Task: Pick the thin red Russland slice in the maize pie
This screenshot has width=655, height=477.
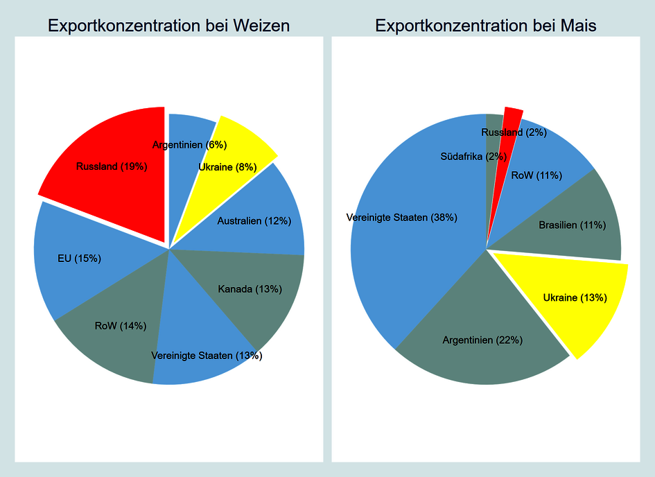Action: [511, 118]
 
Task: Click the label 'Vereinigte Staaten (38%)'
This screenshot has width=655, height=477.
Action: [401, 218]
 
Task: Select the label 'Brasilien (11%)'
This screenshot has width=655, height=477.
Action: [573, 225]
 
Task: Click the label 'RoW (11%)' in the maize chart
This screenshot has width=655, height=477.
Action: [536, 175]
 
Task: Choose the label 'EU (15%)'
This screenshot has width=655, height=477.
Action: [79, 259]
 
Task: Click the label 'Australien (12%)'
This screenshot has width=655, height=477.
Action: [254, 221]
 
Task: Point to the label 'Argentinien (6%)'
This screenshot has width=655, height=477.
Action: [189, 145]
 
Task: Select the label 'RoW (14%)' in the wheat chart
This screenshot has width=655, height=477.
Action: [121, 326]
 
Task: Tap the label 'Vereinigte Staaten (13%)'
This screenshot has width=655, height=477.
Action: [207, 356]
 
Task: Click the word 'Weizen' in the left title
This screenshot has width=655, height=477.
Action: [259, 26]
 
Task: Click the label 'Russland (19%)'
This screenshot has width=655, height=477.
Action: [112, 167]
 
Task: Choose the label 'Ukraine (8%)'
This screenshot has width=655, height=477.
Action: [227, 167]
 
